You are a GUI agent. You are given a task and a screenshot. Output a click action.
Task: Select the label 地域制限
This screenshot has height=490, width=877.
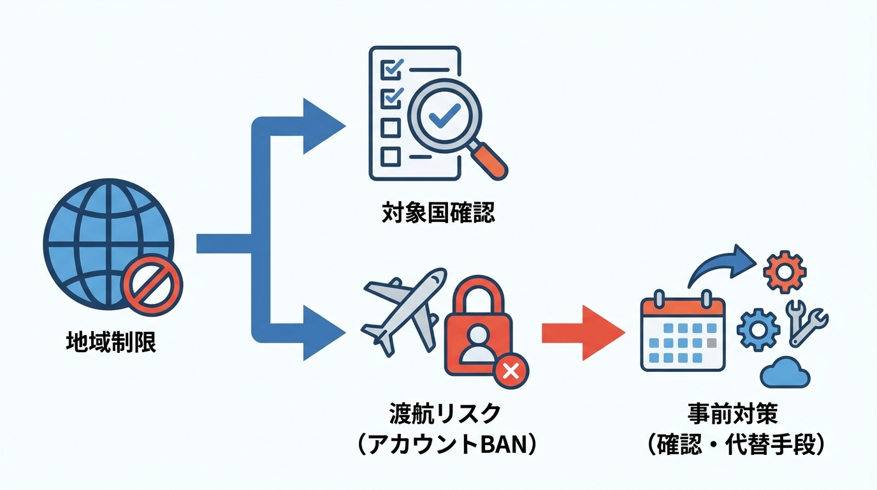point(111,343)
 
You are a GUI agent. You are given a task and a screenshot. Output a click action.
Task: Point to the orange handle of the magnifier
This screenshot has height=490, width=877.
point(491,162)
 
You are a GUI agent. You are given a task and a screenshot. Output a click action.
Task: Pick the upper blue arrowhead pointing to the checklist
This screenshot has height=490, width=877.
point(322,126)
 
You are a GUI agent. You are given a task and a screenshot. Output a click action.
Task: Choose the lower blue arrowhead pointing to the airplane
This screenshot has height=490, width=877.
point(322,332)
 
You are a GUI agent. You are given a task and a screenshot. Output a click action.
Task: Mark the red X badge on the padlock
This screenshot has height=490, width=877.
point(511,370)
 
